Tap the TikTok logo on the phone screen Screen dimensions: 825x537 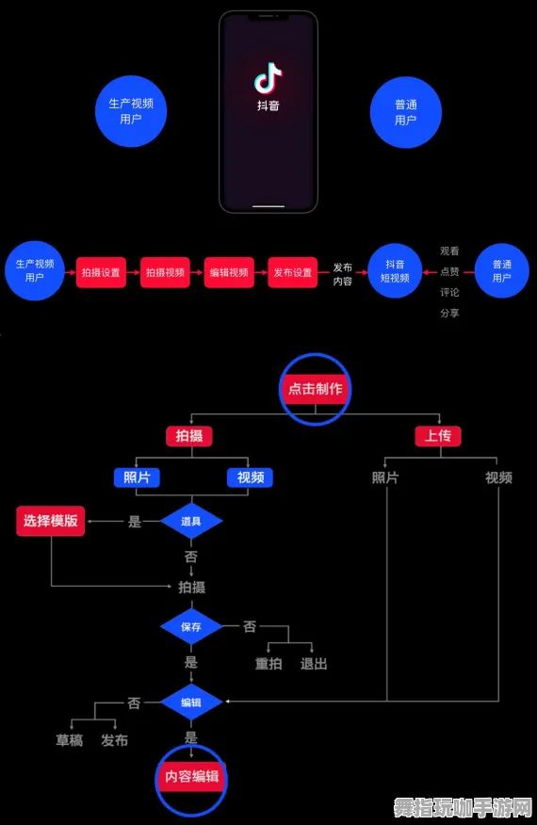pos(268,79)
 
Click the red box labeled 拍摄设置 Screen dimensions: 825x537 pos(101,272)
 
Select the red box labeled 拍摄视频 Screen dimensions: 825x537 pos(165,272)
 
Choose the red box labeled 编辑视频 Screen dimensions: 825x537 pos(228,272)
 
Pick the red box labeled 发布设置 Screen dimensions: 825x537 pos(292,272)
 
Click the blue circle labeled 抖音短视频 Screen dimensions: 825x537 pos(395,271)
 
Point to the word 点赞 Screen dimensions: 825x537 pos(449,271)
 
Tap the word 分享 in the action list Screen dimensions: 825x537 pos(449,313)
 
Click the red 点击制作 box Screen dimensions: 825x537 pos(316,388)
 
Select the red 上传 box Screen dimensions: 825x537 pos(438,436)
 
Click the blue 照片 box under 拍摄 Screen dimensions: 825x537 pos(137,477)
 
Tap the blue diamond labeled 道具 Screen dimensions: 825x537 pos(191,521)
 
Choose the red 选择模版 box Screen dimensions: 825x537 pos(51,521)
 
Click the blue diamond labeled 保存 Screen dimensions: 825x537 pos(191,626)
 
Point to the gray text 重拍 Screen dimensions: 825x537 pos(268,663)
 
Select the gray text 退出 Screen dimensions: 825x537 pos(314,663)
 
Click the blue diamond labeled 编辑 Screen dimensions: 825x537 pos(191,702)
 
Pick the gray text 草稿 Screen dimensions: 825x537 pos(70,740)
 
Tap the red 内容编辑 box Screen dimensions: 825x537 pos(191,776)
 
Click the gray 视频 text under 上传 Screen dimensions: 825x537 pos(498,477)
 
